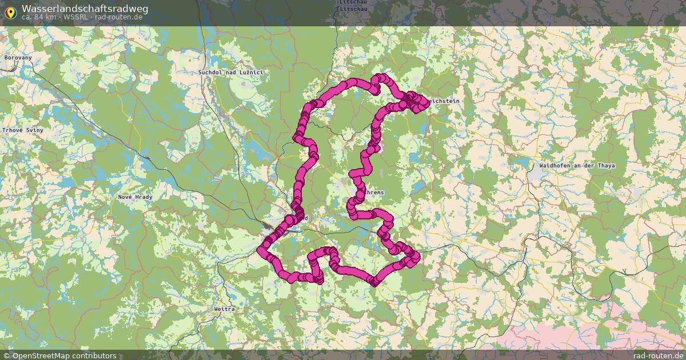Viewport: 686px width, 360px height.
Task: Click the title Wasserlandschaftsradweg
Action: (85, 9)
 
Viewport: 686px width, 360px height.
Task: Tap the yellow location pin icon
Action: (10, 12)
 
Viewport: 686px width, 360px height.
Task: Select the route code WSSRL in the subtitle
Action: (76, 17)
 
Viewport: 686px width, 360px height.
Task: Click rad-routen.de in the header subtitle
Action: (118, 17)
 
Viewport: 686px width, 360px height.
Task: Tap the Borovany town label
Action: (18, 58)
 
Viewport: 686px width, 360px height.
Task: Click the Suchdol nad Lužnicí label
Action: (230, 73)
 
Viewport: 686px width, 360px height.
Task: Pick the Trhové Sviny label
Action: (22, 130)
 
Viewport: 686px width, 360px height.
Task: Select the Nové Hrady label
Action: (135, 197)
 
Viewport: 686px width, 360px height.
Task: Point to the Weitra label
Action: (224, 309)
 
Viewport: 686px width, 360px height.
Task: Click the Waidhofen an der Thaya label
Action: (577, 166)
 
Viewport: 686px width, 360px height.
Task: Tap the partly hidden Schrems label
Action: (374, 193)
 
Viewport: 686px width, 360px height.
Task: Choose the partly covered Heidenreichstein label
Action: (444, 101)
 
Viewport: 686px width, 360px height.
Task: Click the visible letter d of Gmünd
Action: (306, 218)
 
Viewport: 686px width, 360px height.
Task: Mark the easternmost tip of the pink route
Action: (428, 103)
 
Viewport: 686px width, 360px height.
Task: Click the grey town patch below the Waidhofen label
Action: (536, 176)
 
